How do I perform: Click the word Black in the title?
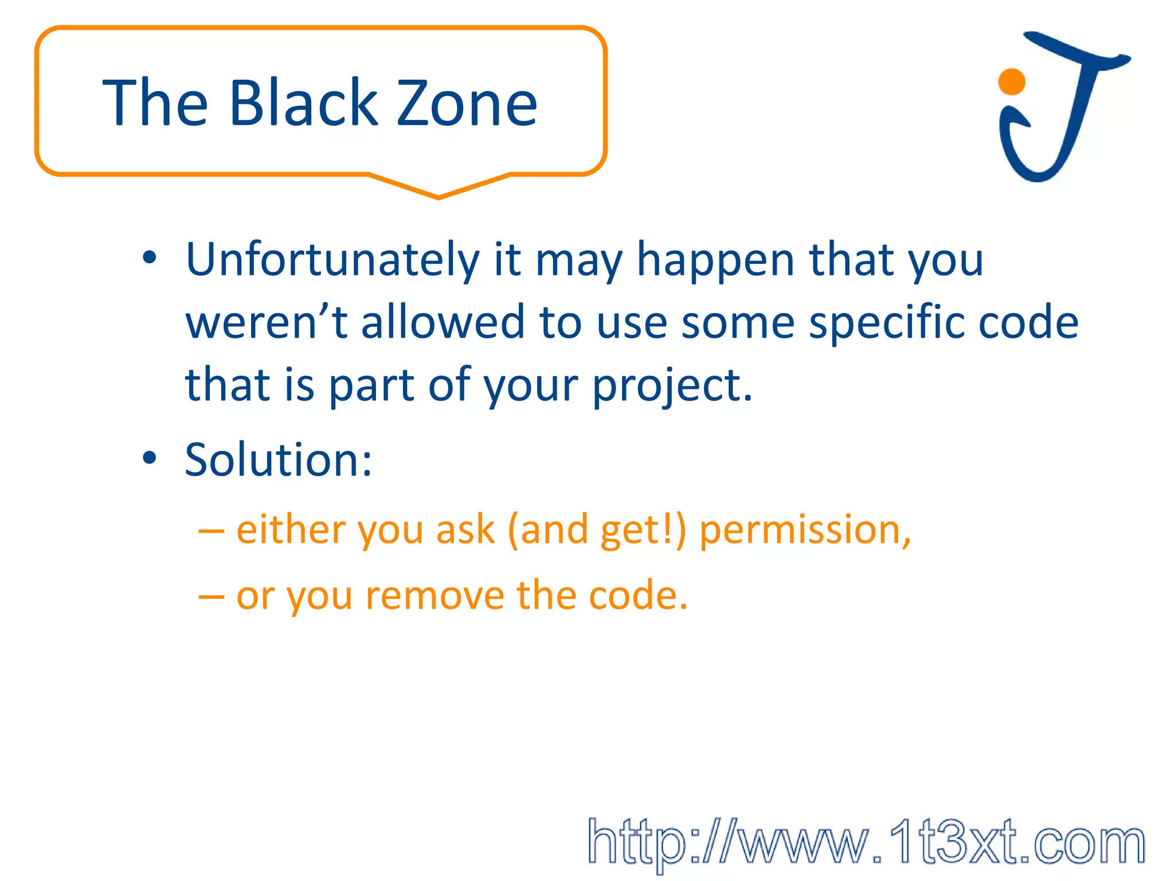[x=304, y=103]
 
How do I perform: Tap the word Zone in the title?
[x=467, y=103]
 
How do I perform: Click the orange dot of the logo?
[x=1011, y=82]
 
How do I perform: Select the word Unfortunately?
[x=332, y=260]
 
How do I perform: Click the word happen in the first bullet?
[x=715, y=260]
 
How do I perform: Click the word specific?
[x=886, y=322]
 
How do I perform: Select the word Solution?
[x=279, y=460]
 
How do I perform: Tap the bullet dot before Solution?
[x=150, y=458]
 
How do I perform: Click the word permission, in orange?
[x=805, y=530]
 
